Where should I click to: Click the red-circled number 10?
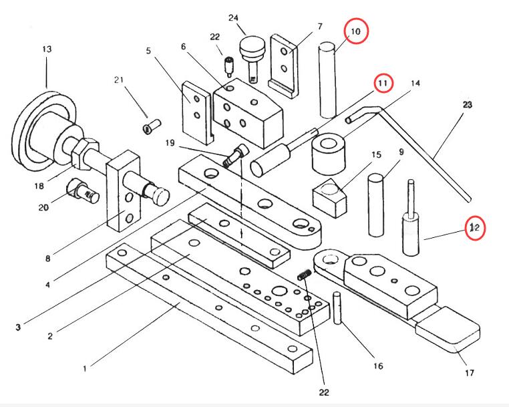[355, 31]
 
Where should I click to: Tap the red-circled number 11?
[383, 83]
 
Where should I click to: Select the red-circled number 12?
[475, 228]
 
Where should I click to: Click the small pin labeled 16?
[339, 308]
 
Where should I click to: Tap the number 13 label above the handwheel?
[47, 49]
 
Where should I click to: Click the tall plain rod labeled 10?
[327, 79]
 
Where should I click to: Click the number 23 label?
[466, 104]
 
